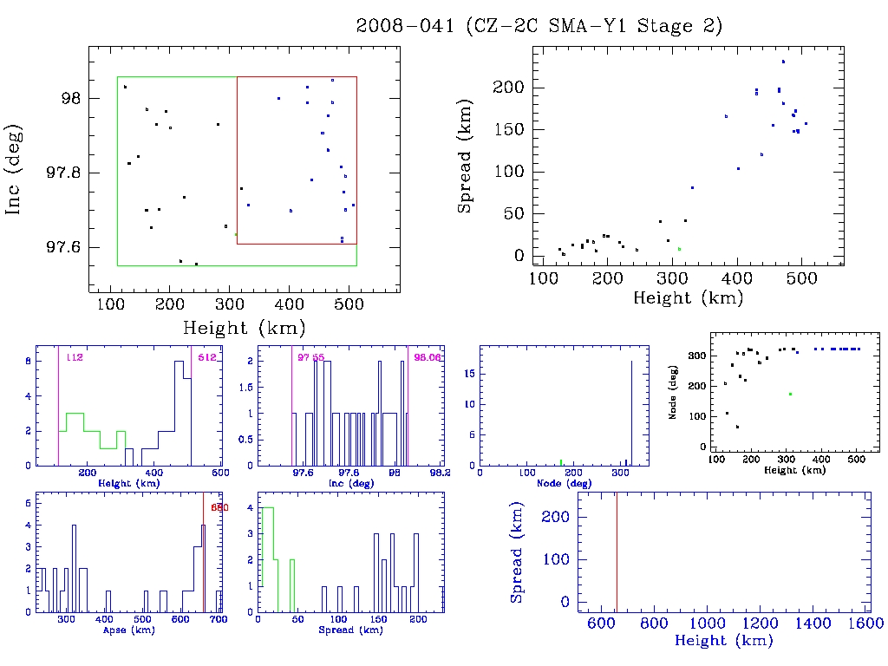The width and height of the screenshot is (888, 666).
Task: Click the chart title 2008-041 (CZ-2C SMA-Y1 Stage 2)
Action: [539, 26]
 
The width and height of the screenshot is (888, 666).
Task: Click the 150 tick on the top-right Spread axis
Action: [508, 130]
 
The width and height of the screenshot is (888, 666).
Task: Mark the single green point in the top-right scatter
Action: [679, 249]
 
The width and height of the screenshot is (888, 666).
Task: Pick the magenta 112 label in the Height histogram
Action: [74, 357]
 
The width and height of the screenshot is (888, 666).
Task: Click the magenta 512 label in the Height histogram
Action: [206, 357]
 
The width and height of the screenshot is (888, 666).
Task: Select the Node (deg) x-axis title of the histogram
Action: [558, 483]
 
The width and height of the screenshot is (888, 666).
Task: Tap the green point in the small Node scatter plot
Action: [790, 394]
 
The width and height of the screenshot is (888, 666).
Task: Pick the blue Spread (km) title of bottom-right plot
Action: [517, 563]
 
